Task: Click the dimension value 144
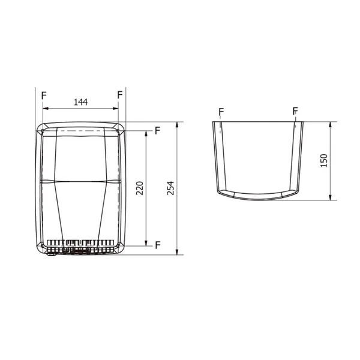point(80,102)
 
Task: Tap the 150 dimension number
point(323,160)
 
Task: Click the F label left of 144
point(43,95)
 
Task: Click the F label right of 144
point(120,95)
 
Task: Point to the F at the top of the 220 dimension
point(157,130)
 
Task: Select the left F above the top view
point(221,112)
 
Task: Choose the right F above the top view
point(295,112)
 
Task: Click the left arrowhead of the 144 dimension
point(46,109)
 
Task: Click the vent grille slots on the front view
point(81,245)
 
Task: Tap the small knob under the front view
point(50,254)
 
